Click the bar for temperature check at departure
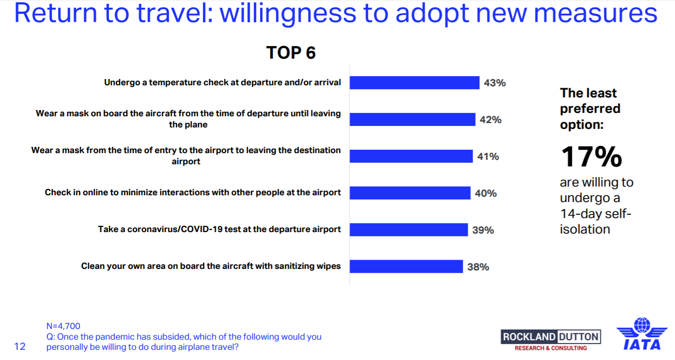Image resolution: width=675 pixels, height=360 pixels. coord(414,83)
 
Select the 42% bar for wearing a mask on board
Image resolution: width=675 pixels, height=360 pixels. coord(413,119)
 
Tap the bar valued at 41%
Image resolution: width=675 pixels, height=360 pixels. coord(411,156)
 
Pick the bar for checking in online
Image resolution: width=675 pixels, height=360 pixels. coord(410,193)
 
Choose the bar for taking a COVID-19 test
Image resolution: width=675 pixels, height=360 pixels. coord(409,230)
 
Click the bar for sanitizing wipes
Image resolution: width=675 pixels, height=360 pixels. coord(406,266)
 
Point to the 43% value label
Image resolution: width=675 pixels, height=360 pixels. coord(495,83)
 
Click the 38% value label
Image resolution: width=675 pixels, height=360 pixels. coord(478,267)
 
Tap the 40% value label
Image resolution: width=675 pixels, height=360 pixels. coord(486,193)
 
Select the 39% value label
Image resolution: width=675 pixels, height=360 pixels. coord(483,230)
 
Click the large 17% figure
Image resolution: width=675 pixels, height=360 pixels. coord(592,157)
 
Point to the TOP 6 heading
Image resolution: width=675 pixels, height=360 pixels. coord(291,53)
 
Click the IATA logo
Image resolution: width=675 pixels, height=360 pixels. coord(642,334)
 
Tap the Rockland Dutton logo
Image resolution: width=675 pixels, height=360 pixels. coord(551,340)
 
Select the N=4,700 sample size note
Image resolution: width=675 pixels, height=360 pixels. coord(63,326)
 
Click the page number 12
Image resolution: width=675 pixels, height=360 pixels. coord(20,346)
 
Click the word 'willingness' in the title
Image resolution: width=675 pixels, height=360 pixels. coord(288,14)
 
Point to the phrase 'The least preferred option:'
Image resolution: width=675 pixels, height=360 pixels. coord(590,109)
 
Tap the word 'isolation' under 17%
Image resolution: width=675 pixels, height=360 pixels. coord(585,229)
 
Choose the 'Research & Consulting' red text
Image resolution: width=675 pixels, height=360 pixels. coord(551,348)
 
